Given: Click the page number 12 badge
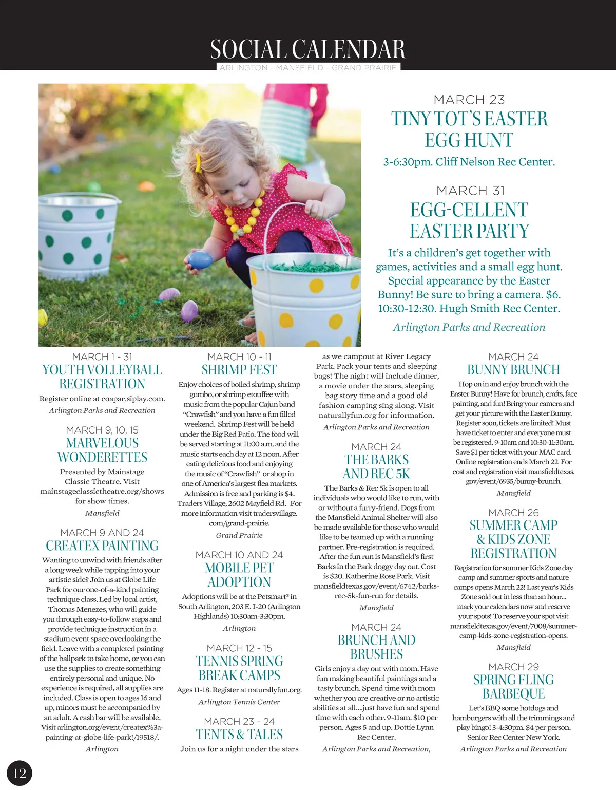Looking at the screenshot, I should click(20, 773).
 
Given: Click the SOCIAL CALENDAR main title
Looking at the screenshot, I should click(307, 49).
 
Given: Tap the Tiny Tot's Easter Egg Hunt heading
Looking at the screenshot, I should click(469, 129).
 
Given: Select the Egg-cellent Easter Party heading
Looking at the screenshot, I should click(469, 220).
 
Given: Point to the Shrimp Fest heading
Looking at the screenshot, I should click(239, 370).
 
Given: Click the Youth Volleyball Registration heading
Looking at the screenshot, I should click(102, 377).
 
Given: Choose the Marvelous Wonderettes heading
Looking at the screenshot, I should click(102, 450).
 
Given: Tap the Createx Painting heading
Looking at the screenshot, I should click(102, 546).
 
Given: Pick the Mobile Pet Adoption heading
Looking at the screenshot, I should click(239, 575).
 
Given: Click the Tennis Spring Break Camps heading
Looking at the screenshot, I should click(239, 668).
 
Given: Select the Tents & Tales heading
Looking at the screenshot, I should click(239, 735).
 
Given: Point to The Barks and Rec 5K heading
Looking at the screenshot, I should click(376, 466).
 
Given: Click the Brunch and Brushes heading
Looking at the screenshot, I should click(376, 647).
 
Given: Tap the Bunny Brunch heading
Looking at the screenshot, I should click(513, 370).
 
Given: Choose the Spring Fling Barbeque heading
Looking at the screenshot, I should click(513, 687).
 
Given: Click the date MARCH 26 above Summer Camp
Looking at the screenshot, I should click(513, 513).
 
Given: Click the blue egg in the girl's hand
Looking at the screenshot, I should click(200, 259).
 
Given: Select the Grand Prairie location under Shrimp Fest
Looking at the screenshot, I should click(239, 535).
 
